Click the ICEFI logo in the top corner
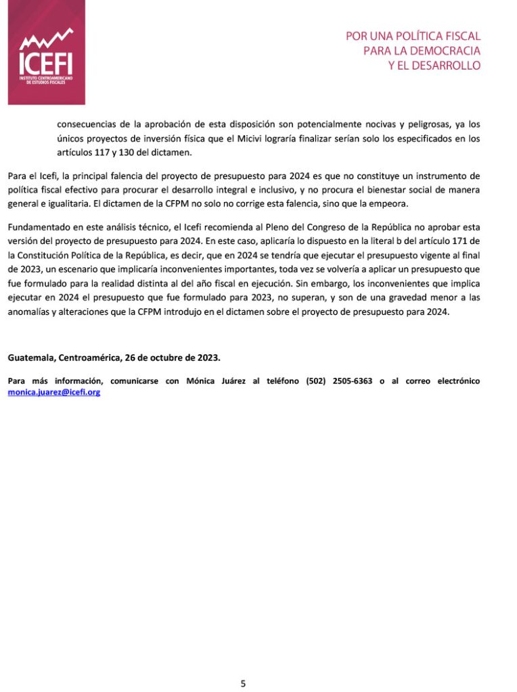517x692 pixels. pyautogui.click(x=46, y=53)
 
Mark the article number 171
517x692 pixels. pyautogui.click(x=455, y=241)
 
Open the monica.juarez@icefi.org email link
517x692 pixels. pyautogui.click(x=54, y=392)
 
